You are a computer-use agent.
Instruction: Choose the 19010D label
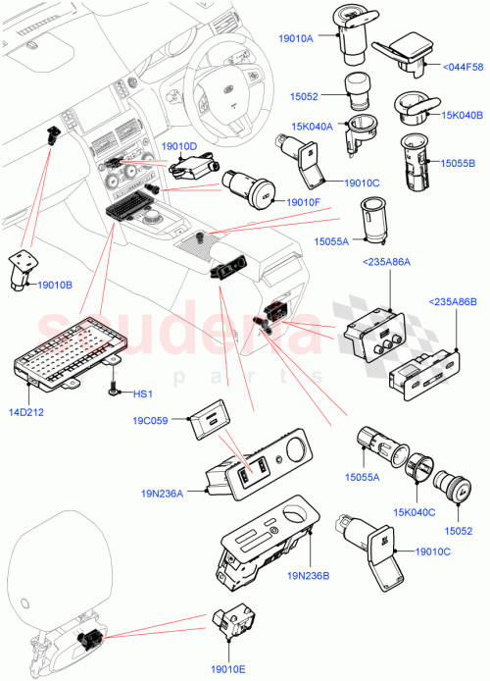(x=179, y=145)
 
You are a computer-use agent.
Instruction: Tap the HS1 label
(x=143, y=393)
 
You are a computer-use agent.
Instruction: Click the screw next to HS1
(x=116, y=389)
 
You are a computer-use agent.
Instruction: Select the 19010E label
(x=230, y=666)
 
